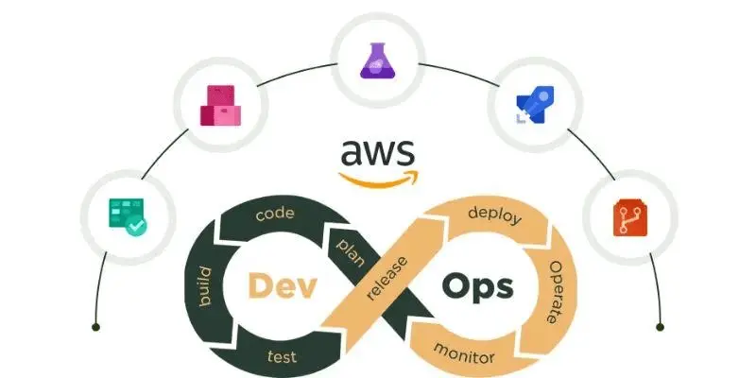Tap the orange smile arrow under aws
coord(378,178)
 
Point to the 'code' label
coord(275,214)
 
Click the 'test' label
coord(282,356)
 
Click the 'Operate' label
coord(556,292)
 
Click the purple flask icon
coord(378,61)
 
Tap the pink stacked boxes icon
coord(219,107)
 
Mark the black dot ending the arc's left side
coord(95,327)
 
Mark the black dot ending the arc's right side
coord(660,327)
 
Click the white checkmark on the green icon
coord(137,226)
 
